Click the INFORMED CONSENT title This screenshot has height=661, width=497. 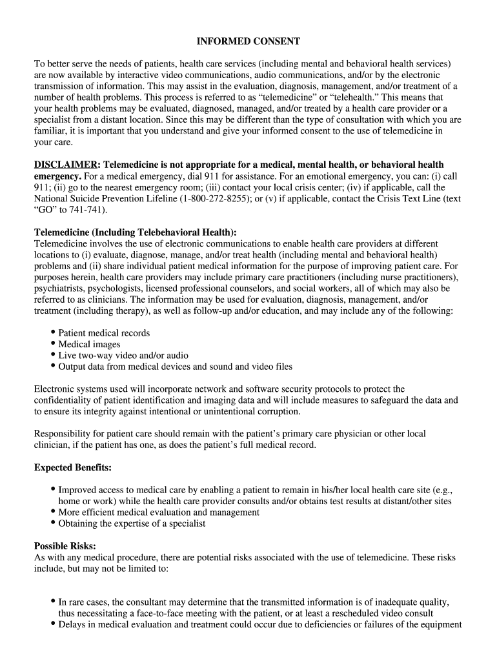pos(249,41)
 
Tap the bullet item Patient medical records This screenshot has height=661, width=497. pos(104,333)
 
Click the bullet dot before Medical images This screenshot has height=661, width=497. pos(53,344)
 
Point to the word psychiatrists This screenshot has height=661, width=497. pos(59,289)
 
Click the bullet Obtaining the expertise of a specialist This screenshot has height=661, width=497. pos(132,524)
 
